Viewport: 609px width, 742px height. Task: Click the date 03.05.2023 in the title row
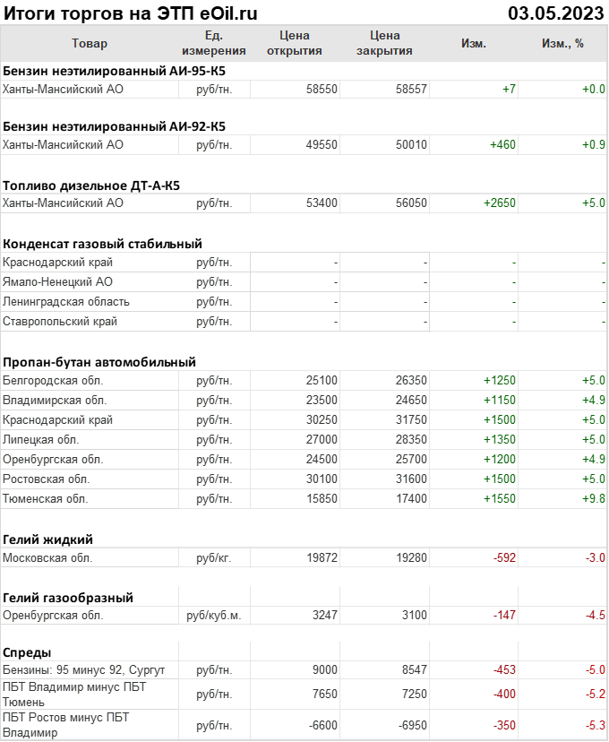point(556,13)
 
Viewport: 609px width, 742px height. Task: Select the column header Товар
point(89,43)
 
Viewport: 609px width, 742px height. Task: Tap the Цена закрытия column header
point(384,43)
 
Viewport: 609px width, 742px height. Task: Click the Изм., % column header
point(562,43)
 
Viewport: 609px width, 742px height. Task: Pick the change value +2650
point(500,203)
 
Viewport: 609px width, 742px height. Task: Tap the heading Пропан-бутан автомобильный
point(99,362)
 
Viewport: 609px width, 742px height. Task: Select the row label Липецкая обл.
point(41,440)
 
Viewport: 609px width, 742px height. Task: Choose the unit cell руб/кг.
point(214,557)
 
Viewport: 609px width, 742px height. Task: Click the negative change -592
point(504,557)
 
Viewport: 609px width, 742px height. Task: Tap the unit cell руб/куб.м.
point(213,616)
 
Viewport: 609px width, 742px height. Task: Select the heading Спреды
point(27,652)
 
